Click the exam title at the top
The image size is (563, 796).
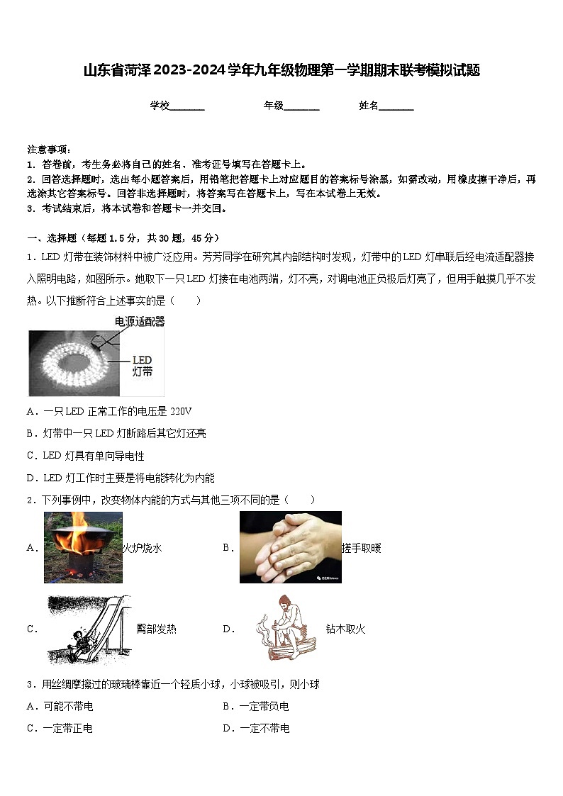click(x=281, y=70)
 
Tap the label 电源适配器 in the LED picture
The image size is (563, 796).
click(x=140, y=322)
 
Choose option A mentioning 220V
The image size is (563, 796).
click(x=109, y=411)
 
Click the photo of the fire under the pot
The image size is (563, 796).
click(x=83, y=547)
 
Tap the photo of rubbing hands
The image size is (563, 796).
click(x=290, y=547)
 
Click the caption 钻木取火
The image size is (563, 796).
click(x=345, y=629)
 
